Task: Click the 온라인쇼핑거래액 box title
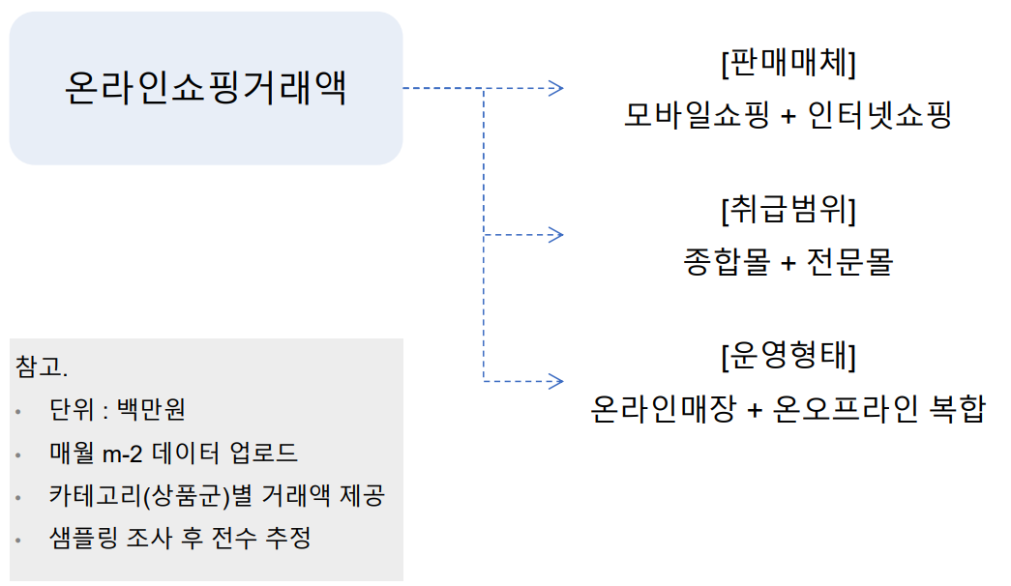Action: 205,89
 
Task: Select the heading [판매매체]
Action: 788,64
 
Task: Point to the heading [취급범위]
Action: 788,208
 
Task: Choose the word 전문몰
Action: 851,262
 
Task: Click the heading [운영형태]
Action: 788,355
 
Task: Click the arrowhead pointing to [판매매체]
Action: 556,88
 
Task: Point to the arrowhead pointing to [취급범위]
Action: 556,234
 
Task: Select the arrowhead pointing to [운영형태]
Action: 556,380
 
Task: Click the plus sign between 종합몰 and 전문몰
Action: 788,263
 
